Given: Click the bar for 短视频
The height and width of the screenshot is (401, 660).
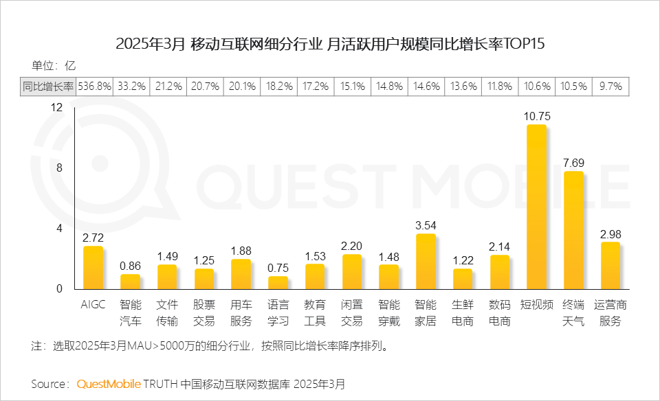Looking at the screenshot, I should tap(536, 207).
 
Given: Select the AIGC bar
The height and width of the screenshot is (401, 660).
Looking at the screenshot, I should tap(93, 268).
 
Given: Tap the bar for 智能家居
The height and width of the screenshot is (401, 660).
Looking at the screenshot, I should tap(426, 262).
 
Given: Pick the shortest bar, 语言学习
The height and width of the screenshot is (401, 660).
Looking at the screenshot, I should tap(278, 282).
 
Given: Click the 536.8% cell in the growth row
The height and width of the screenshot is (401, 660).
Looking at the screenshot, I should tap(94, 87).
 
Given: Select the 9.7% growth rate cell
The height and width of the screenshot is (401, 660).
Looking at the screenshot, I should tap(610, 87).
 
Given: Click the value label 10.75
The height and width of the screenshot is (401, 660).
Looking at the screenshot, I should tap(537, 115).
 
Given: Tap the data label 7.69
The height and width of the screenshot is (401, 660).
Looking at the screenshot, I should tap(573, 163).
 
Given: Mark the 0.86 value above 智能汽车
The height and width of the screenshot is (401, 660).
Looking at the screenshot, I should tap(130, 265).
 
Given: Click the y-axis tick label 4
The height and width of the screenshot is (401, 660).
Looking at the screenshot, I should tap(59, 228).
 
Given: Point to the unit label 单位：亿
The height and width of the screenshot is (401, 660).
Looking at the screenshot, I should tap(53, 67).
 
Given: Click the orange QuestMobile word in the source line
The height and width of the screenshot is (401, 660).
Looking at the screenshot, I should tap(109, 383).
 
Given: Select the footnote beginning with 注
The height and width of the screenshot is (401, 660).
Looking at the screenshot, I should tap(210, 345).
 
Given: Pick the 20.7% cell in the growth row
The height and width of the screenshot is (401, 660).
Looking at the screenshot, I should tap(205, 87).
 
